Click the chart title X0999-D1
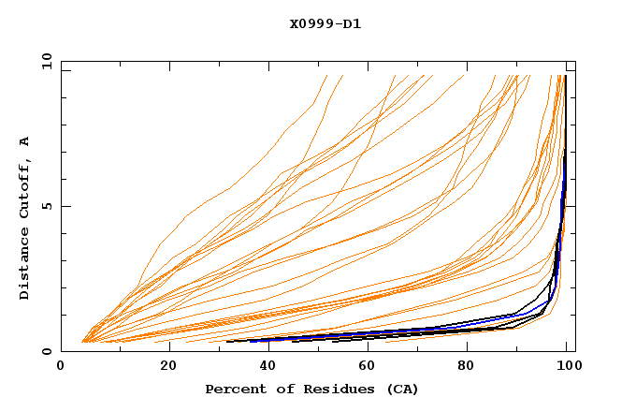tap(325, 23)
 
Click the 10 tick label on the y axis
tap(43, 61)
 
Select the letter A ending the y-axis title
tap(25, 140)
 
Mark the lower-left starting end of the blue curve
tap(251, 340)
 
